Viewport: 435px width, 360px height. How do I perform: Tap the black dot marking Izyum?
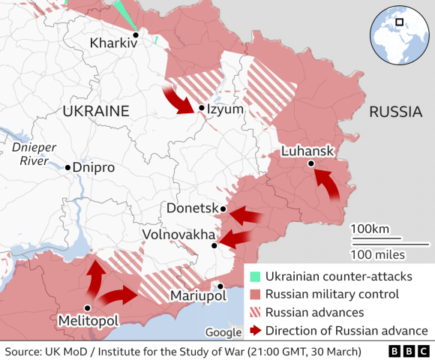(202, 109)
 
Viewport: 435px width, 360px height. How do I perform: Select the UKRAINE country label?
(96, 111)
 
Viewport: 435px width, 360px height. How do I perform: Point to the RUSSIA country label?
(394, 112)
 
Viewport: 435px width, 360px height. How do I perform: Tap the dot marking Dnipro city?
(67, 167)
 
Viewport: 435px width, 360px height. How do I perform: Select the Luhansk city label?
(306, 151)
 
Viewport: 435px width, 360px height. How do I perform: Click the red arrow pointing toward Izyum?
(179, 100)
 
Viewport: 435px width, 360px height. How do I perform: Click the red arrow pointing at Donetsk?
(245, 217)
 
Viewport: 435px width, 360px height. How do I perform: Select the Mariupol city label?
(198, 296)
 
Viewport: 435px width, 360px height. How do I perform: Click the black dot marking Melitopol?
(88, 307)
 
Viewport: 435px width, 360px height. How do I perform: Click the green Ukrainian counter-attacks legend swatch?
(256, 277)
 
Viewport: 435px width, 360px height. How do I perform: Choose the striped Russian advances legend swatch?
(256, 312)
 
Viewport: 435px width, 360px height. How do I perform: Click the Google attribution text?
(223, 332)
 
